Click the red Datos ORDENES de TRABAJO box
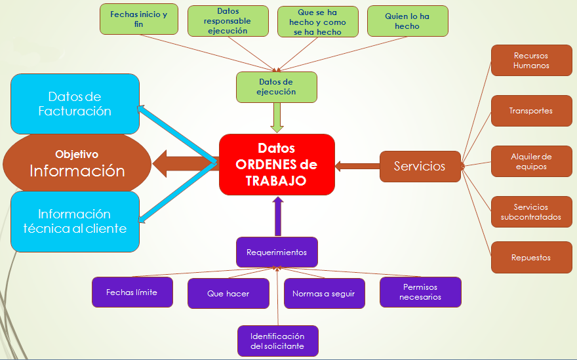tap(277, 165)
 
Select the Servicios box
tap(420, 167)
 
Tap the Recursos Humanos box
tap(531, 60)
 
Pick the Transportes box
tap(531, 111)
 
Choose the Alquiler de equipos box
tap(531, 161)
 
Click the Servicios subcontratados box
tap(531, 212)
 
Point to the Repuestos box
tap(531, 257)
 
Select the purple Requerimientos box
tap(277, 252)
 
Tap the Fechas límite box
tap(132, 292)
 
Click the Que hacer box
tap(229, 293)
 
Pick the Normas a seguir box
tap(324, 293)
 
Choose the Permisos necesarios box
tap(420, 292)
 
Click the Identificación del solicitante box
tap(278, 341)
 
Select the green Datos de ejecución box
tap(276, 87)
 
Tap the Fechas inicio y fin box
tap(139, 19)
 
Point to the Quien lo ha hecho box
tap(408, 21)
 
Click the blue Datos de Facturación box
tap(75, 104)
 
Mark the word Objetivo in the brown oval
tap(77, 154)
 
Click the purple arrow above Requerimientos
tap(278, 216)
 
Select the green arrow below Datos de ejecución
tap(277, 117)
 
